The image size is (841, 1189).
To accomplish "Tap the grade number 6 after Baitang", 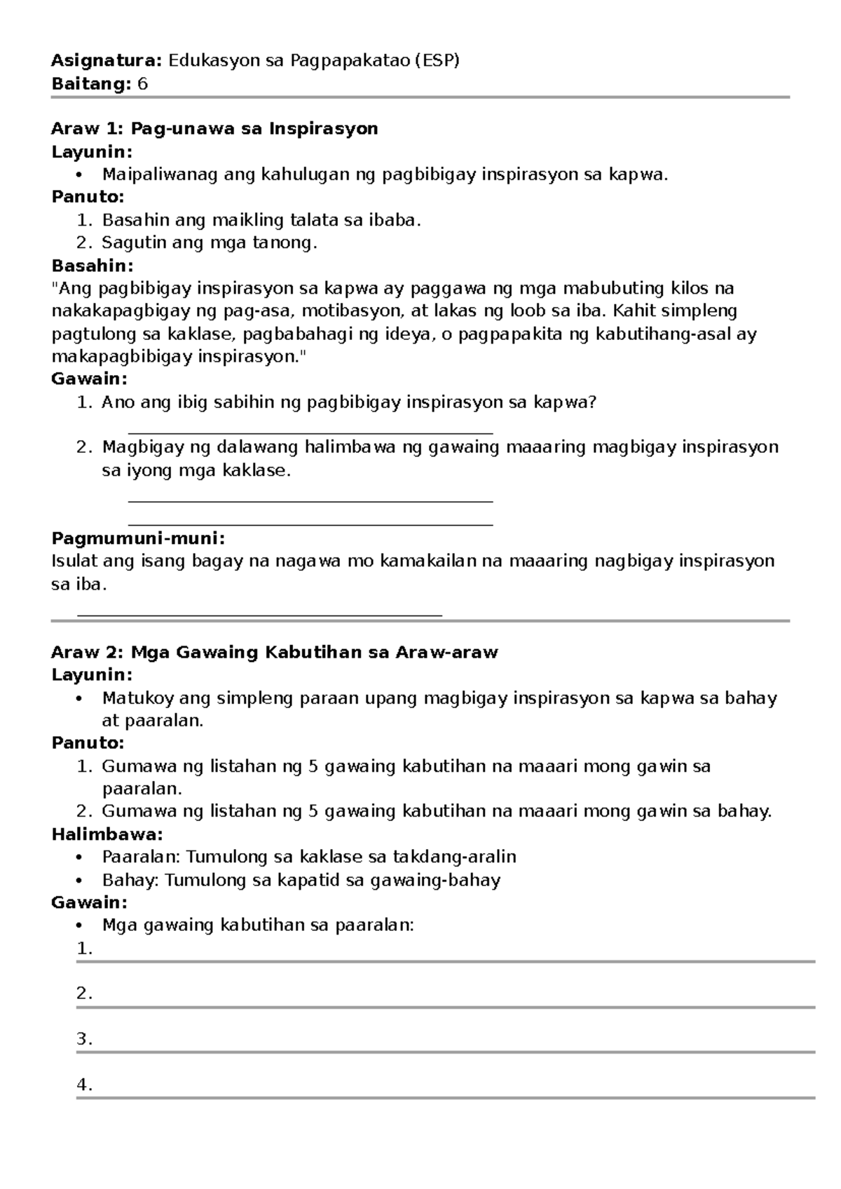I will [x=143, y=84].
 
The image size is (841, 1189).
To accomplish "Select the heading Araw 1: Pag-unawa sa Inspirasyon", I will [x=214, y=129].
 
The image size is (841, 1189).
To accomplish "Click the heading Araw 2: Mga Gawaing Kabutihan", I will [x=274, y=653].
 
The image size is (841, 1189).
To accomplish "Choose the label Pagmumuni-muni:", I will [x=138, y=538].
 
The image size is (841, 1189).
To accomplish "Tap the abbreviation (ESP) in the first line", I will [x=436, y=61].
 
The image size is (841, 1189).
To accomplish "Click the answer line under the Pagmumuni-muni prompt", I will [x=259, y=615].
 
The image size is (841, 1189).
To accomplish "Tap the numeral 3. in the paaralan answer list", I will [x=85, y=1039].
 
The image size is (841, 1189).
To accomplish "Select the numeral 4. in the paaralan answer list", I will [x=85, y=1085].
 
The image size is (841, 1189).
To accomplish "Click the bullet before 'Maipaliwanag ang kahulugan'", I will [x=81, y=175].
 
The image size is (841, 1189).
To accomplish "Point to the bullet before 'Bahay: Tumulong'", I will [x=81, y=880].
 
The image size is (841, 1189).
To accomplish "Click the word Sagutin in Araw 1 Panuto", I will [x=129, y=243].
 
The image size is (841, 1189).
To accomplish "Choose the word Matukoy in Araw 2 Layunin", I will [x=138, y=698].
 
